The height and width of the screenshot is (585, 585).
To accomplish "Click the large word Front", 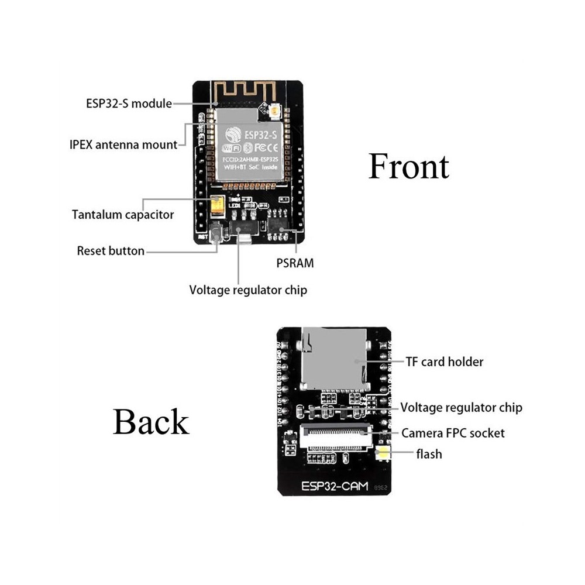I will coord(408,167).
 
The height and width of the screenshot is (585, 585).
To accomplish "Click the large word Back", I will coord(151,421).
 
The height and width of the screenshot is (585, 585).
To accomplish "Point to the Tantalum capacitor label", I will coord(123,215).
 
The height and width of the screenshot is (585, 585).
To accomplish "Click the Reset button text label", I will coord(111,251).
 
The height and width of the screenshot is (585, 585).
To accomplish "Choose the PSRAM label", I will coord(295,263).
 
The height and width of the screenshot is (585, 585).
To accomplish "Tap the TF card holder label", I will coord(445,362).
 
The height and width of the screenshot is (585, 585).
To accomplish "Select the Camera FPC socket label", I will coord(453,433).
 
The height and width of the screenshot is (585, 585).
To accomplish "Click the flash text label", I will coord(429,454).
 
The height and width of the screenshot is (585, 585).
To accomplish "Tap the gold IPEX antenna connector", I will coord(275,110).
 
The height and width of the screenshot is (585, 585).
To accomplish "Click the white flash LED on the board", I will coord(384,453).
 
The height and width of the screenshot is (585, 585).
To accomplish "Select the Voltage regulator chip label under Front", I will coord(247,290).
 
